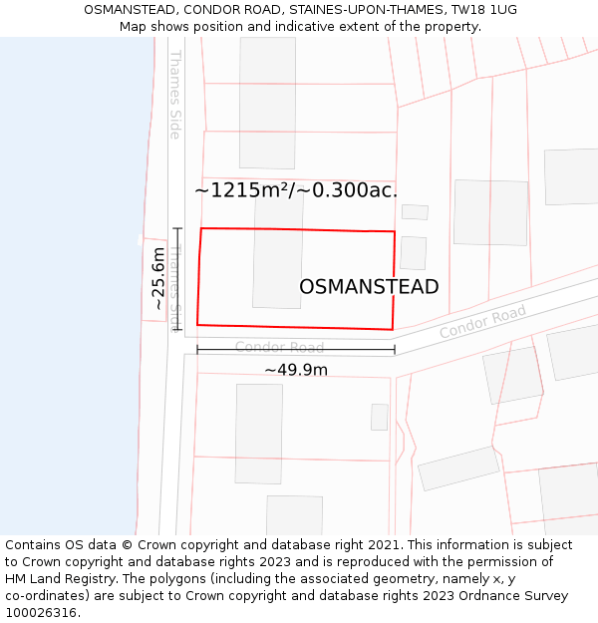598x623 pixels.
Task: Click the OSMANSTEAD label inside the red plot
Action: click(x=369, y=287)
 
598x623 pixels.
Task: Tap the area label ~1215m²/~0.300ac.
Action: click(x=296, y=190)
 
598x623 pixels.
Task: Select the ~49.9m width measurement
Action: click(x=296, y=370)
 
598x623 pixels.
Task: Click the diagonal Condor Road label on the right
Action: click(x=482, y=322)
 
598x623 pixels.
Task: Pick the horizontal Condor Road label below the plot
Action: click(x=279, y=348)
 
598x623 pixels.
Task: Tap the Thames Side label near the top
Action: click(x=175, y=94)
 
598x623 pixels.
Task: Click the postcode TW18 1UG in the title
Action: click(x=483, y=10)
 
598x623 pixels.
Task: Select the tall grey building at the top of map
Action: click(x=267, y=102)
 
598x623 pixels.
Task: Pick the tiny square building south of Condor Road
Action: click(x=379, y=417)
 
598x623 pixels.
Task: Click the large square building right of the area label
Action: click(x=490, y=212)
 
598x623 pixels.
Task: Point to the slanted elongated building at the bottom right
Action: click(x=458, y=467)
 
